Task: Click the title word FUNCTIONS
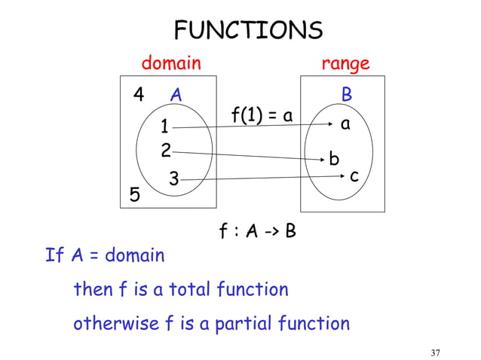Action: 248,30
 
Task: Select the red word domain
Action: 172,63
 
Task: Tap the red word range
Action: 345,63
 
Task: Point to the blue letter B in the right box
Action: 347,96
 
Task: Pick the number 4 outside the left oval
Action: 139,96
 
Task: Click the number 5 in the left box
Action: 135,195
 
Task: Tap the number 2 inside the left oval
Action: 166,150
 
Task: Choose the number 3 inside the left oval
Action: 173,179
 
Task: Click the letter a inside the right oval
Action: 345,125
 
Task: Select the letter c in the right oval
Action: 353,176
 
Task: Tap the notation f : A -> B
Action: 257,230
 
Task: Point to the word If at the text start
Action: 54,255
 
